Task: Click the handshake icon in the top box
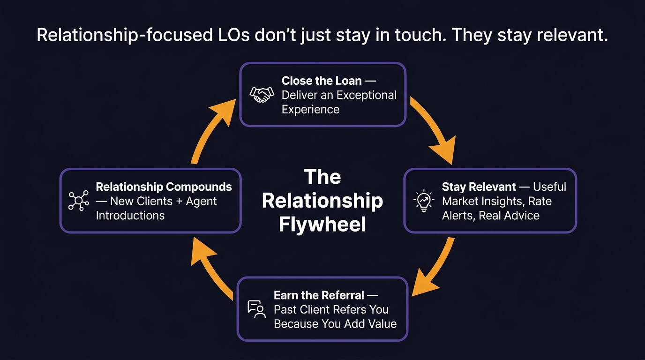pyautogui.click(x=262, y=95)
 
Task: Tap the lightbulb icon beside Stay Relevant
pyautogui.click(x=423, y=201)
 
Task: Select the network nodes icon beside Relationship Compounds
pyautogui.click(x=78, y=201)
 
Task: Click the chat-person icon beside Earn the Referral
pyautogui.click(x=256, y=309)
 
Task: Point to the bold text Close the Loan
pyautogui.click(x=322, y=81)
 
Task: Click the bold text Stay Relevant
pyautogui.click(x=478, y=187)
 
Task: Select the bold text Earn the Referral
pyautogui.click(x=319, y=295)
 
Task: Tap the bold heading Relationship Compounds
pyautogui.click(x=164, y=187)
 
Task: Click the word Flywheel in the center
pyautogui.click(x=322, y=225)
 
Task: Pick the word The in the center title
pyautogui.click(x=322, y=177)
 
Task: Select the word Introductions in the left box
pyautogui.click(x=130, y=216)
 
